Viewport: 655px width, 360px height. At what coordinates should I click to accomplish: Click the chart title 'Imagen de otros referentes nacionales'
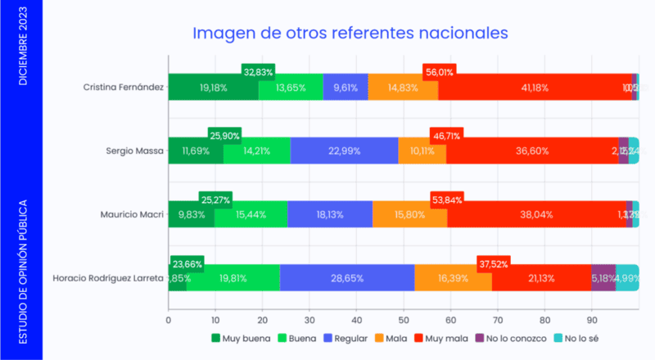350,33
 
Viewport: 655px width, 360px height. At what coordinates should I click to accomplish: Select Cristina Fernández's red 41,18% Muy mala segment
535,87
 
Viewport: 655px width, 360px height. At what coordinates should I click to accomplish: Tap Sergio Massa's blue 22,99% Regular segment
344,151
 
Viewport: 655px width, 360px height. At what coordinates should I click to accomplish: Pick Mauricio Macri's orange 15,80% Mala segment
409,214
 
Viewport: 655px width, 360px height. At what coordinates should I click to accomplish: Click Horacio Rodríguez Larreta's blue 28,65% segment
347,277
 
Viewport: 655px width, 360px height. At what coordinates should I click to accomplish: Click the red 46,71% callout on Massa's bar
447,134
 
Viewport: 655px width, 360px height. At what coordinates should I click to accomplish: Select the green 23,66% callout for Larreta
187,263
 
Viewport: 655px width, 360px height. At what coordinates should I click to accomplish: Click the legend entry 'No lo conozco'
505,337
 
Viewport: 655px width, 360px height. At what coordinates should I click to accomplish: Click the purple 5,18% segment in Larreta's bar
603,277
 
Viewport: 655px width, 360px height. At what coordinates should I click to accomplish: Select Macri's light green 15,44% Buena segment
251,214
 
